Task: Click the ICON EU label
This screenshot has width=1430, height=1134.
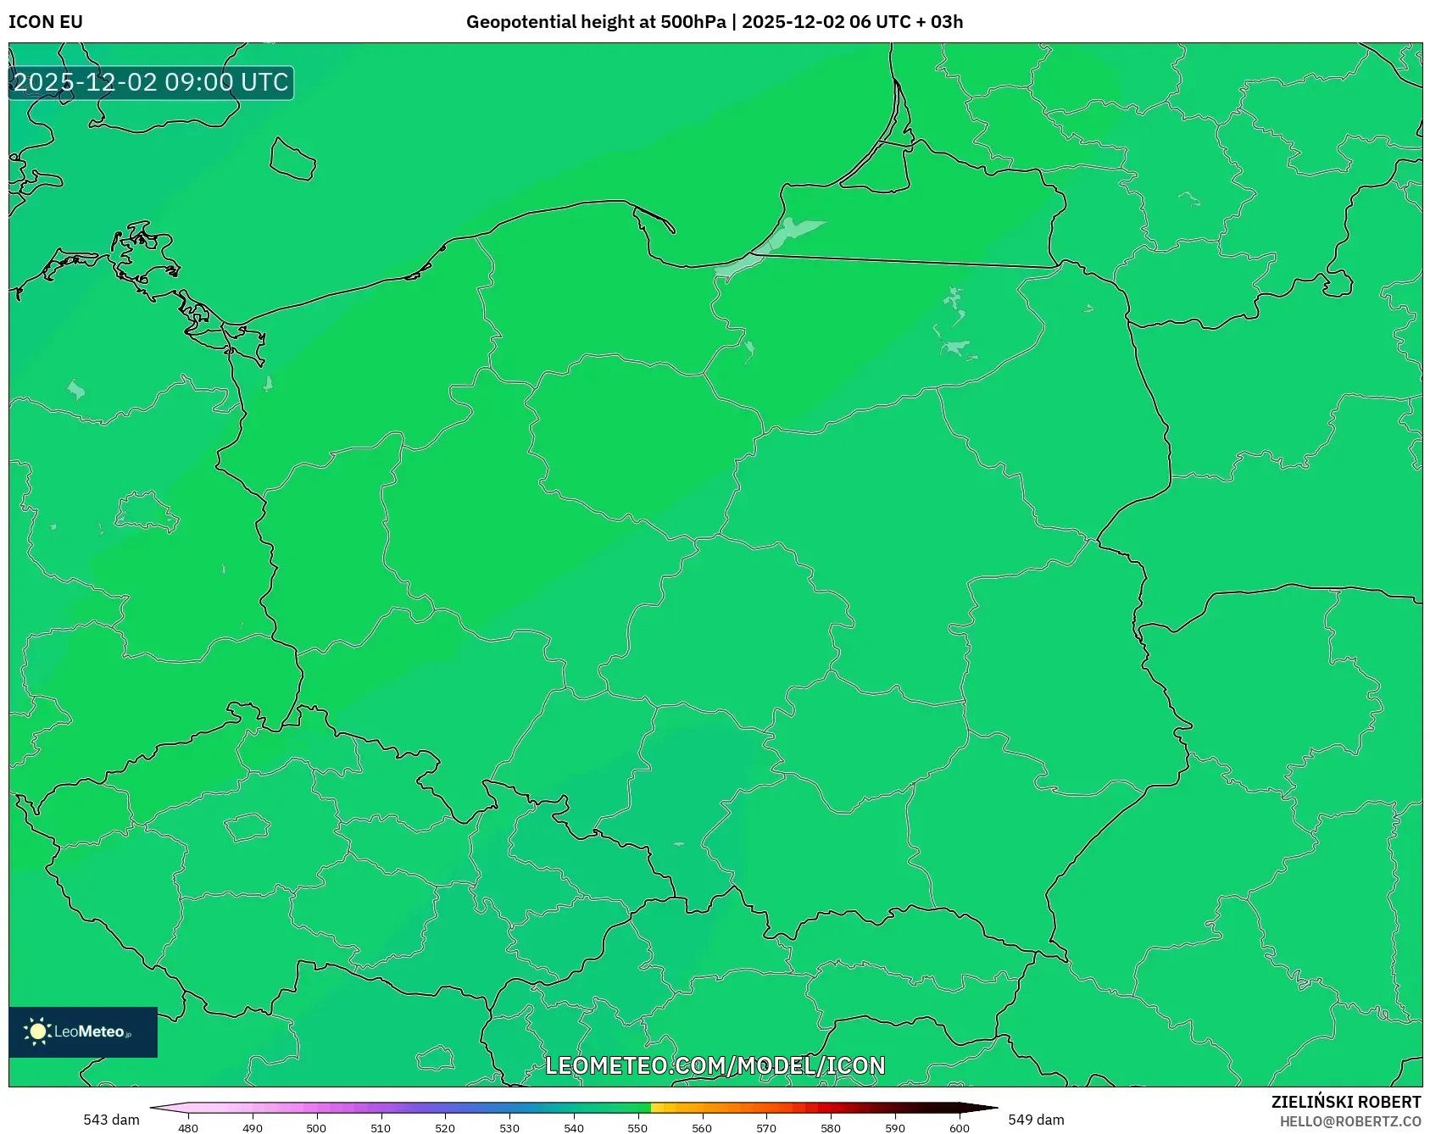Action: (46, 22)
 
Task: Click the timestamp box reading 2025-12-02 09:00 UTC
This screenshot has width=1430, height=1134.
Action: (151, 82)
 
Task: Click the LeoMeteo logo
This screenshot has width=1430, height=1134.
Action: (83, 1031)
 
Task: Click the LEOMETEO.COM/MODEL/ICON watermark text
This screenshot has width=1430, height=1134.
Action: (715, 1065)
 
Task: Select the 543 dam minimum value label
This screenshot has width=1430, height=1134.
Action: (111, 1120)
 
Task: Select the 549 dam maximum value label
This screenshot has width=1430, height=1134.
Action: (1036, 1120)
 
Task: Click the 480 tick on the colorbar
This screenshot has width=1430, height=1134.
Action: (188, 1128)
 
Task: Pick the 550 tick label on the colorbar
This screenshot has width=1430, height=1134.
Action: (637, 1128)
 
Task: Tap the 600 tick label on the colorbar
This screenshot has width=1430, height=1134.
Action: (960, 1128)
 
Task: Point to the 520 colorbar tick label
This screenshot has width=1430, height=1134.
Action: (445, 1128)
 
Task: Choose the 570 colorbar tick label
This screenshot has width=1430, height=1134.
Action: (766, 1128)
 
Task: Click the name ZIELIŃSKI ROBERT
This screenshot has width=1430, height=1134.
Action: (1346, 1102)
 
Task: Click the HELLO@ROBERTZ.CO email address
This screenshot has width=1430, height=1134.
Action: (1350, 1121)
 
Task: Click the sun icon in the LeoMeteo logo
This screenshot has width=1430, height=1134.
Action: (37, 1031)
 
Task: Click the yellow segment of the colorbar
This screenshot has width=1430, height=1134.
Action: (661, 1108)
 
